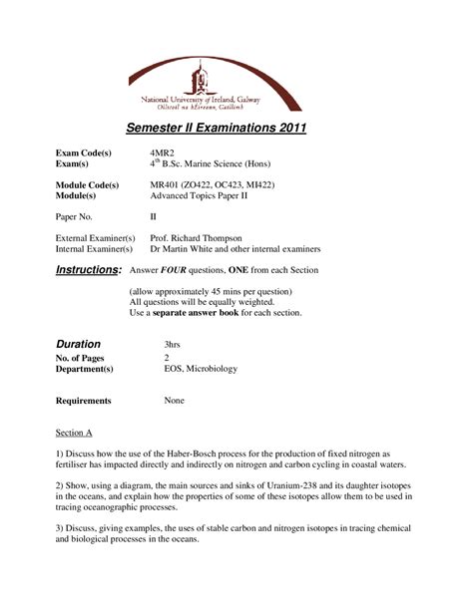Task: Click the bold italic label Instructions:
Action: coord(88,270)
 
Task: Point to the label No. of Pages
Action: coord(84,357)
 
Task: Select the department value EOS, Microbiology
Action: coord(201,368)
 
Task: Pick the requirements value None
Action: coord(175,400)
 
